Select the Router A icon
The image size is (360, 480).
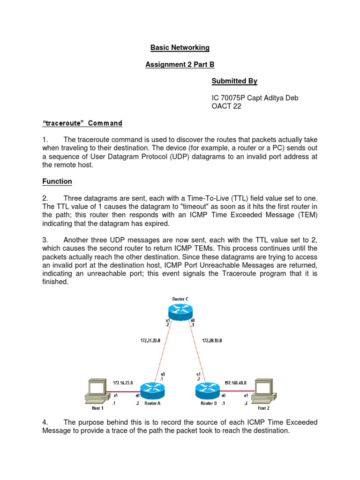(x=153, y=389)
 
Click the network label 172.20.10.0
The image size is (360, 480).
(x=211, y=341)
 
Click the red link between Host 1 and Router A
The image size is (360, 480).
(x=124, y=390)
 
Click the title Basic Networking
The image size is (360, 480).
(x=180, y=48)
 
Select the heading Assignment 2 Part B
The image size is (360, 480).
(x=180, y=65)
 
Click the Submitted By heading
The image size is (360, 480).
(x=234, y=81)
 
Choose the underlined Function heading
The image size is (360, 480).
(x=57, y=181)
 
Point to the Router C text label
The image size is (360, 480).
(x=180, y=298)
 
